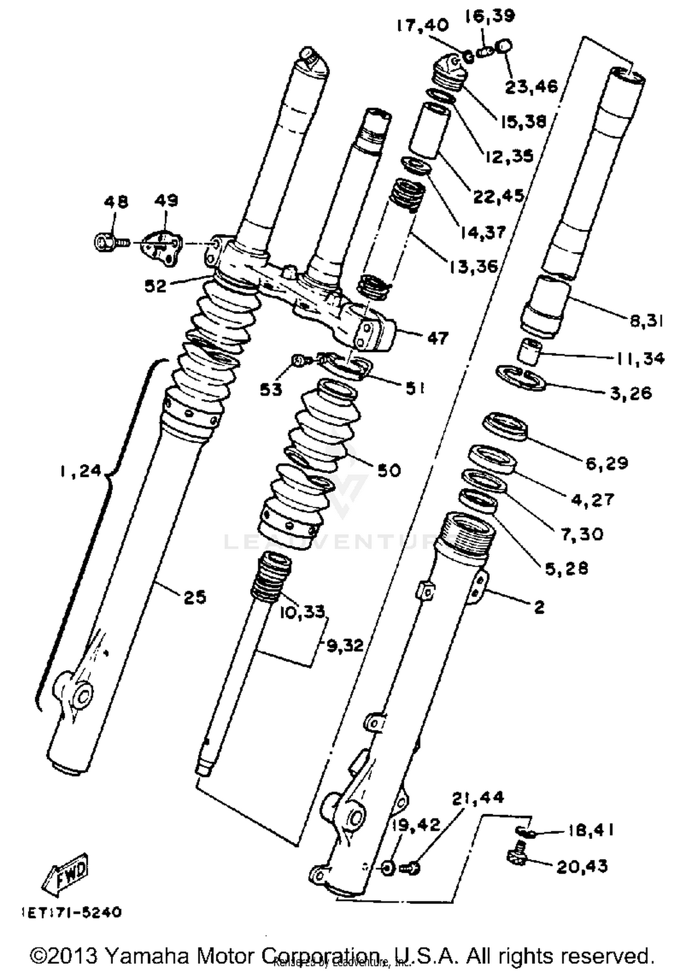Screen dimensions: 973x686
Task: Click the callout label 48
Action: coord(116,202)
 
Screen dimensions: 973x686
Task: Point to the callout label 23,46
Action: coord(531,87)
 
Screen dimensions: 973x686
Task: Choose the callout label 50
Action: coord(389,470)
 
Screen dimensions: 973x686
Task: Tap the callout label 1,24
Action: coord(80,470)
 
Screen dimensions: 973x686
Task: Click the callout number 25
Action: coord(195,597)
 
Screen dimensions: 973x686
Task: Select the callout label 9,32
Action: coord(345,645)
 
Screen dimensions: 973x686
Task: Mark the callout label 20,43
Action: coord(582,866)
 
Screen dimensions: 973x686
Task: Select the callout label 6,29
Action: coord(607,463)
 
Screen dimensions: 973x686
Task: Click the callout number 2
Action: coord(539,607)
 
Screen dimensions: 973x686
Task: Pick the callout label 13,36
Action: coord(473,266)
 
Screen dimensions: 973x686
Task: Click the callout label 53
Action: coord(271,389)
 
